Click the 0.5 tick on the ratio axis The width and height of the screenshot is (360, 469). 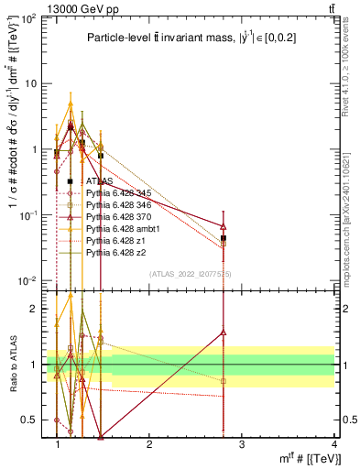coord(32,420)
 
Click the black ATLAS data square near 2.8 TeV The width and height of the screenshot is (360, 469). coord(224,238)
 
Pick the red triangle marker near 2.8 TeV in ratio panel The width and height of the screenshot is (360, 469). coord(224,333)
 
